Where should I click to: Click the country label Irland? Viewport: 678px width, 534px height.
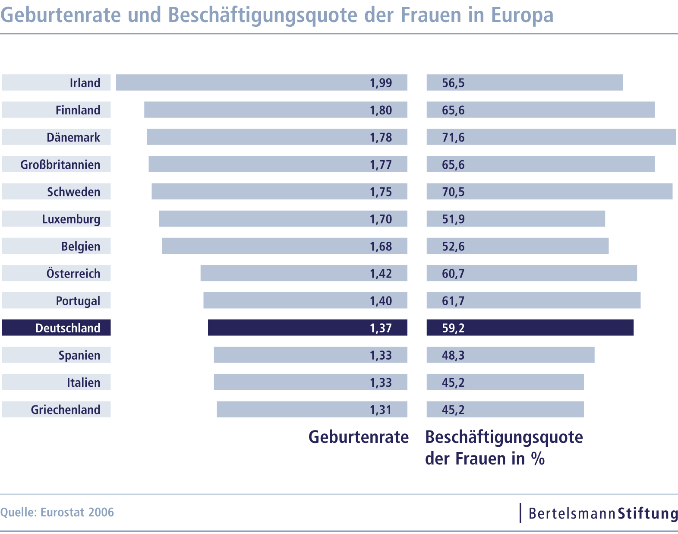click(85, 82)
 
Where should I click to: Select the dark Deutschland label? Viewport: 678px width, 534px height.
click(68, 328)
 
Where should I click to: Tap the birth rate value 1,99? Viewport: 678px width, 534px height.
click(381, 82)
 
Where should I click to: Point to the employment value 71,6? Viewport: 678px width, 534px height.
click(453, 137)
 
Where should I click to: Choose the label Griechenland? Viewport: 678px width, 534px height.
click(65, 409)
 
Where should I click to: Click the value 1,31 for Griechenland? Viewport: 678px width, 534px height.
click(381, 409)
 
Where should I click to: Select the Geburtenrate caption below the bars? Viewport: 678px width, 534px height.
click(358, 437)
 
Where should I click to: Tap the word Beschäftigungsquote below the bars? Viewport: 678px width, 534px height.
click(504, 437)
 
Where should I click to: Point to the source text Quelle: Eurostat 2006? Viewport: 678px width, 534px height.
click(57, 512)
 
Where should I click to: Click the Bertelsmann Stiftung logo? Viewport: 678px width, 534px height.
click(603, 513)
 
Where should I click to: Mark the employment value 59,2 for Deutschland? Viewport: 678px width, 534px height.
click(453, 328)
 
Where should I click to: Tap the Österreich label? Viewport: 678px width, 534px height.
click(73, 273)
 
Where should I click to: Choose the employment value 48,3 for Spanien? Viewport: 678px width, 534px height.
click(453, 355)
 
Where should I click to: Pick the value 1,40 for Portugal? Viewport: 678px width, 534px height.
click(381, 300)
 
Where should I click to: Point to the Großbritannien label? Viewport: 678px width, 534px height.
click(60, 164)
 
